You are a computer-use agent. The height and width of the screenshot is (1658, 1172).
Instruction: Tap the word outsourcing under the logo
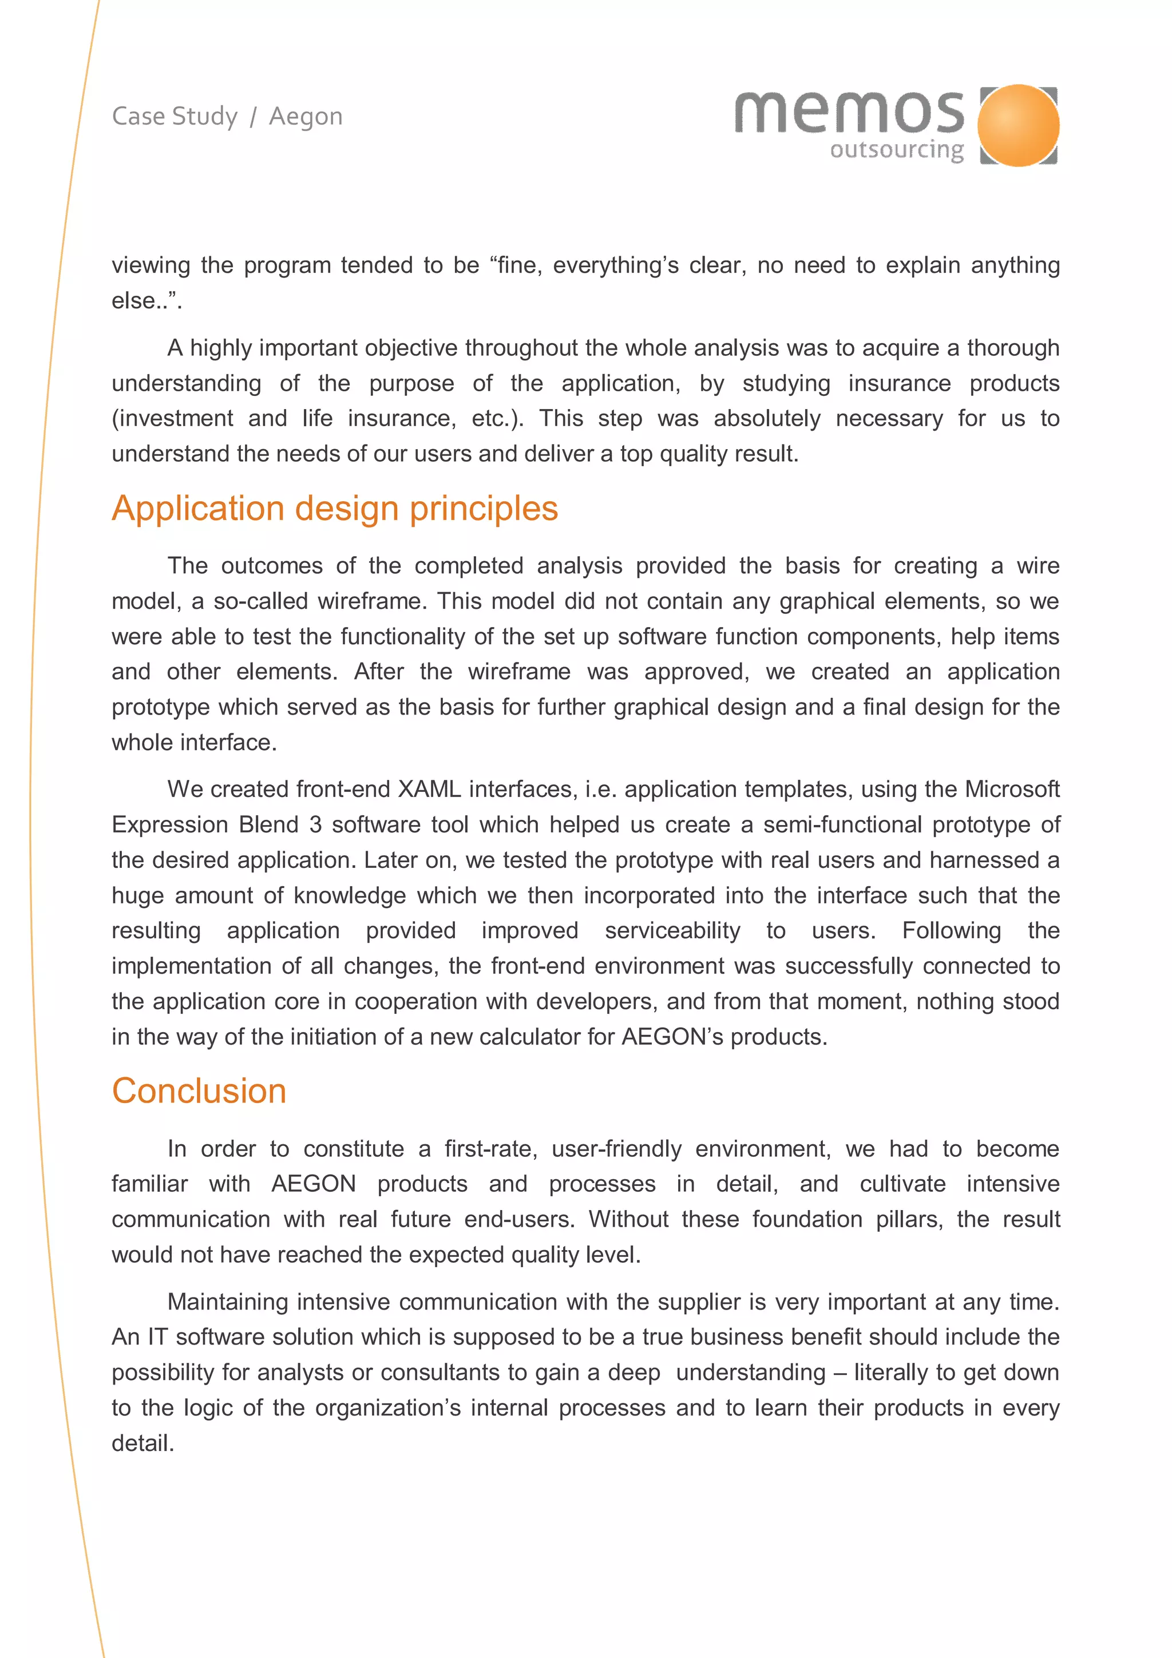[x=896, y=150]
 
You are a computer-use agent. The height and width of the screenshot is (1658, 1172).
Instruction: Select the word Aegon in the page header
[x=306, y=116]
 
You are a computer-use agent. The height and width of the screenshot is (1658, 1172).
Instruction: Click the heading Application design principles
[x=334, y=509]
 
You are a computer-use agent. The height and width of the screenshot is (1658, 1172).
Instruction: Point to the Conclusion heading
[x=199, y=1090]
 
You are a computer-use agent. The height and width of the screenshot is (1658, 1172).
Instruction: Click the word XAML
[x=429, y=790]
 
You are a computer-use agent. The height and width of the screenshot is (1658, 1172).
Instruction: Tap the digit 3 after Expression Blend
[x=315, y=824]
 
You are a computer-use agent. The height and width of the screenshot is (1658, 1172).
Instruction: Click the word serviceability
[x=672, y=931]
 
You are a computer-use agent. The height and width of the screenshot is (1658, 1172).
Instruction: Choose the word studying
[x=786, y=383]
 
